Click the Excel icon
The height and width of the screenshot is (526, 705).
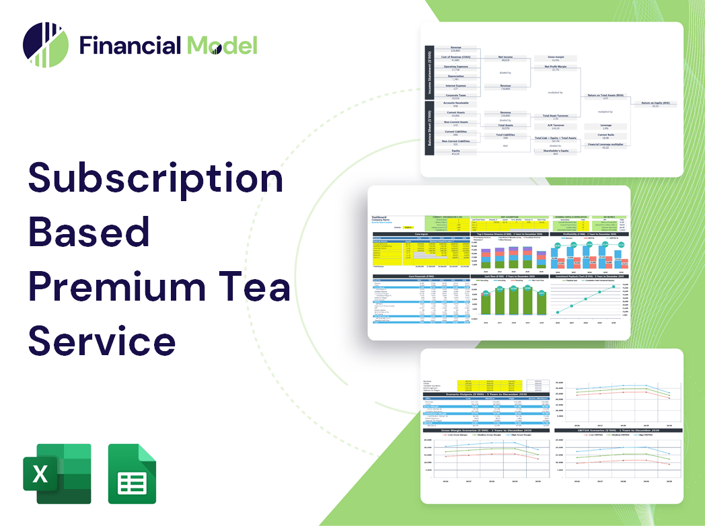[x=57, y=474]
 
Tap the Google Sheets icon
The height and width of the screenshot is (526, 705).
[x=132, y=474]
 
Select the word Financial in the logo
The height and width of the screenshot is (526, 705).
[x=130, y=45]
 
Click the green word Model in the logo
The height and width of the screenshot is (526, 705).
[x=222, y=45]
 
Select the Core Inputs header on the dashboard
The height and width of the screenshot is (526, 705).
[x=421, y=234]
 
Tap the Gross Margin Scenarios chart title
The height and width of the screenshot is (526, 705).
[x=478, y=430]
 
